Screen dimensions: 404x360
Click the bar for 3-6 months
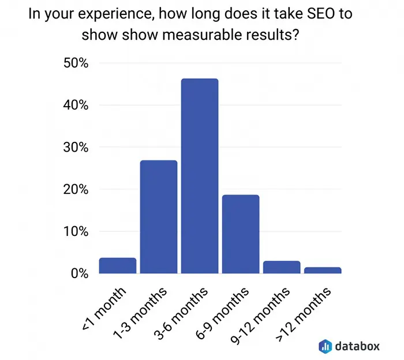(200, 176)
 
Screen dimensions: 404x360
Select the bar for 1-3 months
(159, 217)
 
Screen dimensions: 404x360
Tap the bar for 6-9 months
(241, 234)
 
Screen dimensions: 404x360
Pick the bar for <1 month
(118, 265)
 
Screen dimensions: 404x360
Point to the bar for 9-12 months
(282, 267)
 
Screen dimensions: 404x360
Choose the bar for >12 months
(323, 270)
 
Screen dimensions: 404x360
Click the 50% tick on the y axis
(76, 63)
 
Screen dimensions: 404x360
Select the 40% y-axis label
(76, 105)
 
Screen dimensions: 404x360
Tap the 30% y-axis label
(76, 147)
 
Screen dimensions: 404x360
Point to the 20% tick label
(76, 189)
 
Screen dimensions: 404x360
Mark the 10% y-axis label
(76, 231)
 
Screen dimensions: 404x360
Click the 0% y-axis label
(80, 273)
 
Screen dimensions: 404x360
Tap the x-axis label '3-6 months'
(181, 313)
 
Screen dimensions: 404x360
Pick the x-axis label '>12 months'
(304, 314)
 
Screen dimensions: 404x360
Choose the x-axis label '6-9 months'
(222, 313)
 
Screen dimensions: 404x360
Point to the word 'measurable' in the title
(202, 35)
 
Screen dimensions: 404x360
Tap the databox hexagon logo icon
(325, 346)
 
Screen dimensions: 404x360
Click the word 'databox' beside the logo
(357, 346)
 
